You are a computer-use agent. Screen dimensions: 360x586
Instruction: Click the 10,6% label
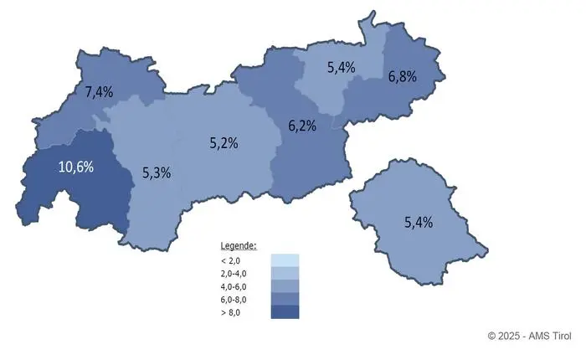pyautogui.click(x=75, y=166)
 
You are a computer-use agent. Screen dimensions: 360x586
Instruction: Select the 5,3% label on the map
pyautogui.click(x=157, y=173)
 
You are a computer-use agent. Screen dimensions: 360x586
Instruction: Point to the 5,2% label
pyautogui.click(x=224, y=143)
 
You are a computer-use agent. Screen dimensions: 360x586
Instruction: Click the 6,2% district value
pyautogui.click(x=302, y=126)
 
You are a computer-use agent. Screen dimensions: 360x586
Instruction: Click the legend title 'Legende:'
pyautogui.click(x=239, y=246)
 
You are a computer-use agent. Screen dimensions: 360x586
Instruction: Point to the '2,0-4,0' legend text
pyautogui.click(x=235, y=273)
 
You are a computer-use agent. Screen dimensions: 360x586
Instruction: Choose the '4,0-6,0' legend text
pyautogui.click(x=235, y=286)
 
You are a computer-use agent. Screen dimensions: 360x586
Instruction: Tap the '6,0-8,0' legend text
pyautogui.click(x=235, y=299)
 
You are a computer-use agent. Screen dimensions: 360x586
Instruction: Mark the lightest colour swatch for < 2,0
pyautogui.click(x=285, y=260)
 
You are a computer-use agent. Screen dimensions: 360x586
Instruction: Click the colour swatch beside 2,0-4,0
pyautogui.click(x=285, y=273)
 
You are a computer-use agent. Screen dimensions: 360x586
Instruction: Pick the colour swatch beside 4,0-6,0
pyautogui.click(x=285, y=286)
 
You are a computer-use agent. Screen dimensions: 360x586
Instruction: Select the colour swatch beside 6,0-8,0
pyautogui.click(x=285, y=299)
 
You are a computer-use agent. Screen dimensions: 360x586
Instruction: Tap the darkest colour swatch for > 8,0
pyautogui.click(x=285, y=312)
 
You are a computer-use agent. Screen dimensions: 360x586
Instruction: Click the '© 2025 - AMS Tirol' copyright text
pyautogui.click(x=528, y=336)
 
